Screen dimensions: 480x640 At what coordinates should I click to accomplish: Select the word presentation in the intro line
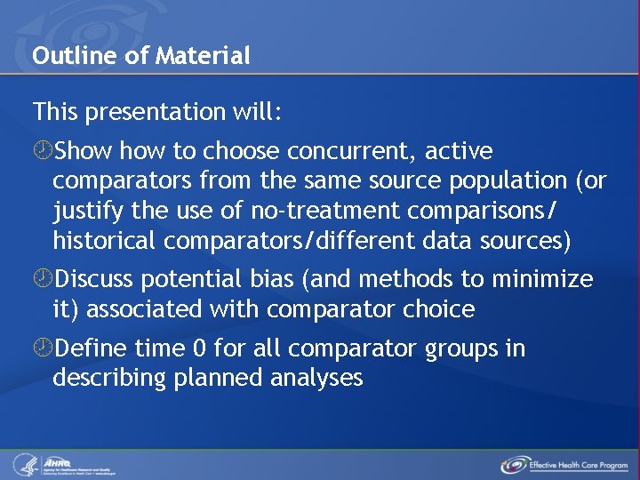[x=150, y=112]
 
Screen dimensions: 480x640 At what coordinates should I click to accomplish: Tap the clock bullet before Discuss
[x=42, y=280]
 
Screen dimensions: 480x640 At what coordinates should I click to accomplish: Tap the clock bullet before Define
[x=42, y=348]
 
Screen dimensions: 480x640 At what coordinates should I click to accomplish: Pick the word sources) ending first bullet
[x=525, y=241]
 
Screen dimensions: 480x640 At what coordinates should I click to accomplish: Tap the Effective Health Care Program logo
[x=564, y=465]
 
